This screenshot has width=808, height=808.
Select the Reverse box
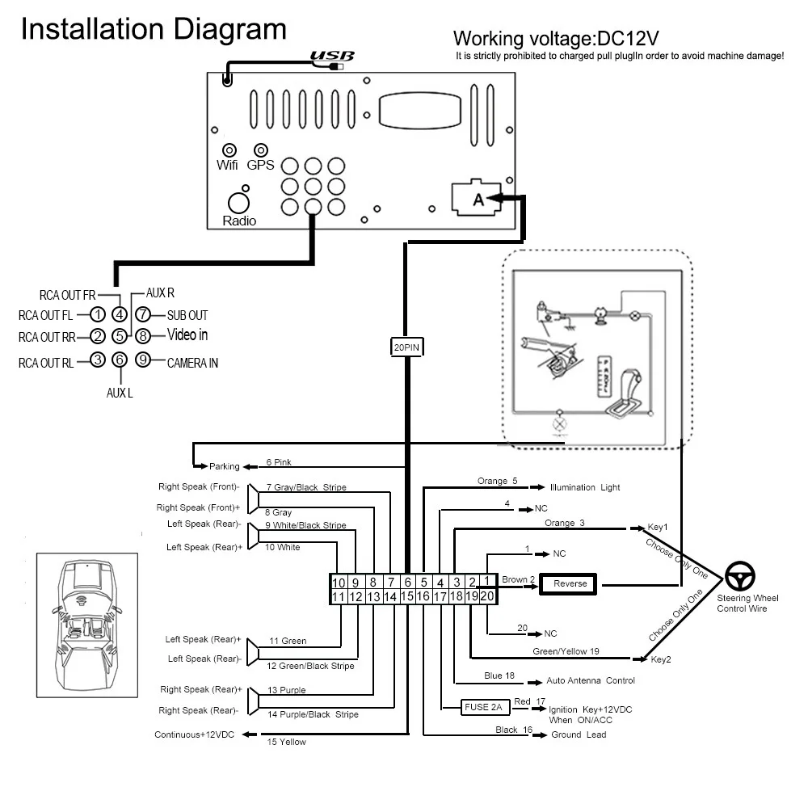(568, 584)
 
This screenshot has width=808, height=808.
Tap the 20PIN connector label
(406, 347)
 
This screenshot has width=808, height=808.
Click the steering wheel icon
(740, 576)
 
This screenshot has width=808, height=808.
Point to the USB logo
(332, 56)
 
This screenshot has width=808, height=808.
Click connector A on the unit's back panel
(476, 198)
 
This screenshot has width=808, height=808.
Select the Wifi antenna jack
(229, 150)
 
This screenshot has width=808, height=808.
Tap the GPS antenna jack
(261, 150)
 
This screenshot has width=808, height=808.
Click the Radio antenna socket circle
(238, 203)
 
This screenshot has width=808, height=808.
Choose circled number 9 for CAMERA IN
(143, 360)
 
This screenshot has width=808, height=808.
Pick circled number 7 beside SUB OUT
(143, 314)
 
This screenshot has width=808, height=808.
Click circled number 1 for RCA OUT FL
(98, 314)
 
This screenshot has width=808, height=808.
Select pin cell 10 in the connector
(339, 583)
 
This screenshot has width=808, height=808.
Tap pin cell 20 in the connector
(487, 596)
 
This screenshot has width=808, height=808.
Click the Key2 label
(661, 659)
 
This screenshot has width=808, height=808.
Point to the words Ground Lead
(579, 734)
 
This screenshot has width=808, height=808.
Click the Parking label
(224, 466)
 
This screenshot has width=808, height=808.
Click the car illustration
(86, 625)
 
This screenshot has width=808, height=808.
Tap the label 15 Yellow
(287, 742)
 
